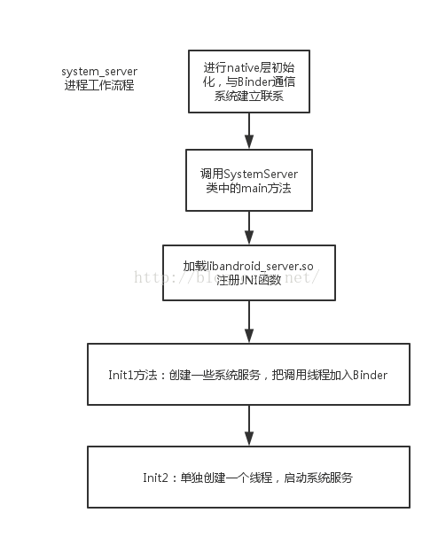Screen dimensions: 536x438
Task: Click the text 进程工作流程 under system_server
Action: click(x=98, y=85)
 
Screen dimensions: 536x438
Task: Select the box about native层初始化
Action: click(x=249, y=80)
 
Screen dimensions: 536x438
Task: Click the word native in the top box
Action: click(x=243, y=66)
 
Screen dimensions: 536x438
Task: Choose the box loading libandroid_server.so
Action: click(x=249, y=273)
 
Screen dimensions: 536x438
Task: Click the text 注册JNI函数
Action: click(x=249, y=281)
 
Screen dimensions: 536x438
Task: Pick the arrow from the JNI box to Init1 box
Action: click(x=249, y=324)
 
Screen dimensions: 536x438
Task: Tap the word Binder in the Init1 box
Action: click(x=371, y=375)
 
